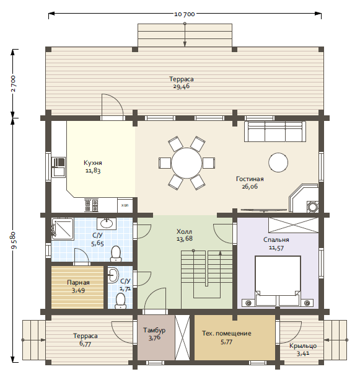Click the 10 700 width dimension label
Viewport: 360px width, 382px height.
point(184,14)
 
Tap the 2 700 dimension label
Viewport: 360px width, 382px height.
point(13,84)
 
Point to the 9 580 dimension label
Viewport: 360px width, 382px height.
point(14,241)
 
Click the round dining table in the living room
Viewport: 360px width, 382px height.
point(187,163)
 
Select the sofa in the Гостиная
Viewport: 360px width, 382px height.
point(275,131)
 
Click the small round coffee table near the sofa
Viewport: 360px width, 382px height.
point(278,162)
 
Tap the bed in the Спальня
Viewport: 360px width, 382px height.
point(278,281)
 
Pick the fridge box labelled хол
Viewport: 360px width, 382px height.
point(125,205)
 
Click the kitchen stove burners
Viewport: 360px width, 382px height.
point(91,205)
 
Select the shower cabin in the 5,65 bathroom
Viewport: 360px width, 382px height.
point(63,229)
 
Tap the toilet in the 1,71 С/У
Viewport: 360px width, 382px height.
point(120,301)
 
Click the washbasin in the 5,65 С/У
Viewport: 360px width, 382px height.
point(107,223)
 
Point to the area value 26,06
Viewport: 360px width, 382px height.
point(250,187)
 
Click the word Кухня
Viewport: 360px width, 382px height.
point(93,162)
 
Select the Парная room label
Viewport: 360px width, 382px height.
point(78,283)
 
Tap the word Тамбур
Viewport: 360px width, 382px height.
point(154,331)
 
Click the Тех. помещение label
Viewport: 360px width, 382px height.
point(227,333)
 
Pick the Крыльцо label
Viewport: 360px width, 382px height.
point(303,346)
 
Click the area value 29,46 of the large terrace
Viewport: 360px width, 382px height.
point(182,86)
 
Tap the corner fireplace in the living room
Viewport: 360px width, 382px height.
point(304,198)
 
